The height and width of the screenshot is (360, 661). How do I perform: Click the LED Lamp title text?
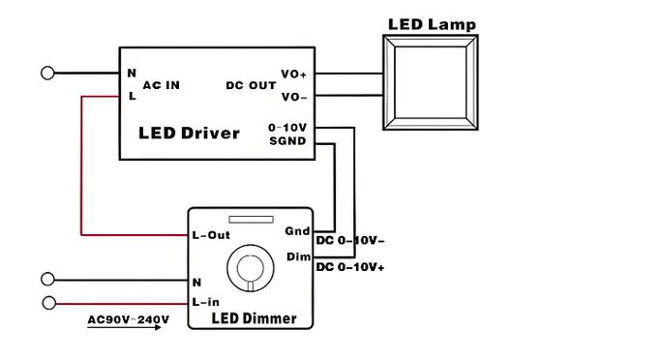pos(432,24)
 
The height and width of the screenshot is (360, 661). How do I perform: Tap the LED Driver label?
pos(189,134)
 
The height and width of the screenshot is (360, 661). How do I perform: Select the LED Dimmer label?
pos(254,318)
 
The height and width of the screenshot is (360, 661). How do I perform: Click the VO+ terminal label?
pos(294,75)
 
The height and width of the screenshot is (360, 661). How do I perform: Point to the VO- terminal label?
pos(294,97)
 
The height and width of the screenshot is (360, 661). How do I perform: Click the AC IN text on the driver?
pos(162,85)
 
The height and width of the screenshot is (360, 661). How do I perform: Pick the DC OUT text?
pos(251,85)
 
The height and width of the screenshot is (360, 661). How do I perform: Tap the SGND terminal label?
pos(287,140)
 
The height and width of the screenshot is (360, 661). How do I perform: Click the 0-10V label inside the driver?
pos(287,128)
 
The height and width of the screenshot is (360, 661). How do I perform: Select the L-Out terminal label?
pos(211,235)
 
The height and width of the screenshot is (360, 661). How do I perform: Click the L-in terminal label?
pos(206,302)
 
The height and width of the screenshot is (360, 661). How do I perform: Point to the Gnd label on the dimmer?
pos(297,231)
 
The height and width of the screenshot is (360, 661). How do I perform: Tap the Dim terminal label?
pos(298,256)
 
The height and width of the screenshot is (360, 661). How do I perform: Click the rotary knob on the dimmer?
pos(251,268)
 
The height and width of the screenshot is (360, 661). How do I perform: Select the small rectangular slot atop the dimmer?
pos(251,220)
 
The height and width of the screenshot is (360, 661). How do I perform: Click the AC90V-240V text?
pos(128,319)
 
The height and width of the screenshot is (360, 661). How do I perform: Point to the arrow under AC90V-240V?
pos(124,327)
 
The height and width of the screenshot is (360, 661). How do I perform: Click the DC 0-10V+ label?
pos(350,267)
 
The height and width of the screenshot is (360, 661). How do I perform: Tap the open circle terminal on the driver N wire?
pos(47,73)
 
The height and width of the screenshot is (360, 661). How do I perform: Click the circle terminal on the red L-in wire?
pos(49,303)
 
